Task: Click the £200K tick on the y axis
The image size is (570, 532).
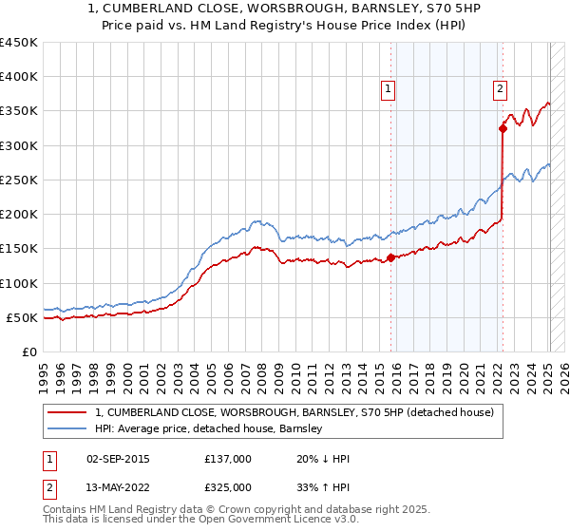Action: [19, 215]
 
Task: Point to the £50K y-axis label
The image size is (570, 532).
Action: [22, 317]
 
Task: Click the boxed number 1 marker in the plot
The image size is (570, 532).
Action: [389, 90]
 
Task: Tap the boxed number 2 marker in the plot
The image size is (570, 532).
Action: [500, 90]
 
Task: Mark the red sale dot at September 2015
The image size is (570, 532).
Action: [390, 257]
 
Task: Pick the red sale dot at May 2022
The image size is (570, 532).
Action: [503, 129]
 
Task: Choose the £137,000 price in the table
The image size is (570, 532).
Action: [228, 459]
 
